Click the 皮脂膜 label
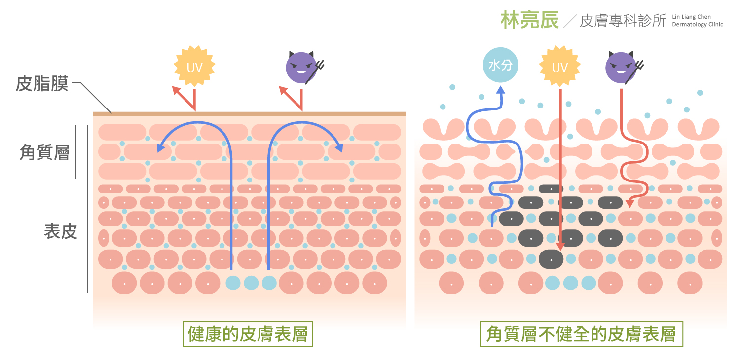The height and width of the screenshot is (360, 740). [41, 83]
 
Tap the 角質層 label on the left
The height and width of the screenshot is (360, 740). [44, 152]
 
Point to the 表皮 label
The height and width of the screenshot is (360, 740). [61, 231]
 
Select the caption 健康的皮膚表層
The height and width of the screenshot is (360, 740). [248, 334]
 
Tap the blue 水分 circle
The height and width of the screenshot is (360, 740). [500, 65]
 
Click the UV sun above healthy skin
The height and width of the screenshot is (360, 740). [194, 67]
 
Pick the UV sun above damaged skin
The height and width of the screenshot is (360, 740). [559, 67]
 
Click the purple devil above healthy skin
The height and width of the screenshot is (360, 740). [301, 67]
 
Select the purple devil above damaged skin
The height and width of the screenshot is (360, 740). [621, 67]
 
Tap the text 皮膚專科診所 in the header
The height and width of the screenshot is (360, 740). [623, 21]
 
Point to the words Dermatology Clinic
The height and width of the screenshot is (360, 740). [698, 24]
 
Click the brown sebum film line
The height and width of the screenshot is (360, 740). [249, 114]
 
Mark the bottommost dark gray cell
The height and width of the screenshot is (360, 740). [551, 258]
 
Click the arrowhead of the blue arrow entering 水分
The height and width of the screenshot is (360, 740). [501, 90]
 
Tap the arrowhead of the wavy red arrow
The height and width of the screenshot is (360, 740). [630, 203]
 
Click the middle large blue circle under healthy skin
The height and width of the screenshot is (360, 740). [251, 283]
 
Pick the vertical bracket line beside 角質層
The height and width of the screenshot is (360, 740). [76, 151]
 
